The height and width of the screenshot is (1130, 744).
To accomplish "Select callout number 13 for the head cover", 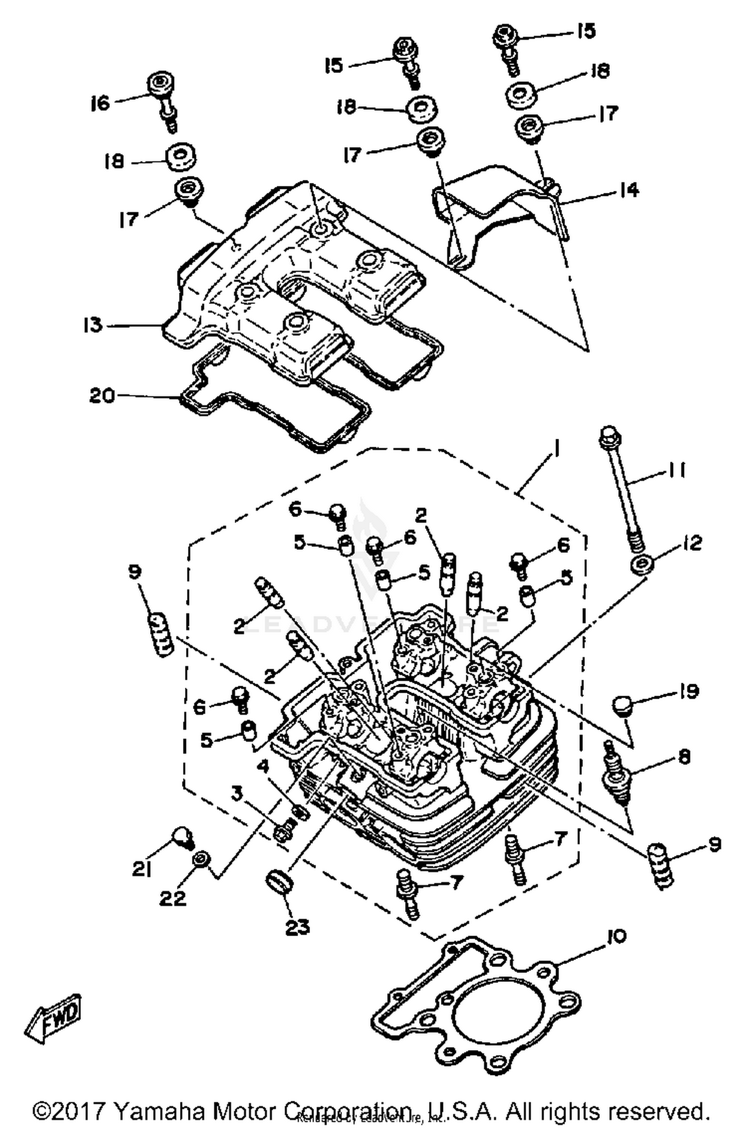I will (x=93, y=325).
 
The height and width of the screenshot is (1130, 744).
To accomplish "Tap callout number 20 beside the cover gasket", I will (x=102, y=396).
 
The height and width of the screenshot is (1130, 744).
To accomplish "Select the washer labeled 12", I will (x=642, y=564).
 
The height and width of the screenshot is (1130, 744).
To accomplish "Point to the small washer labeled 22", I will (x=201, y=858).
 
